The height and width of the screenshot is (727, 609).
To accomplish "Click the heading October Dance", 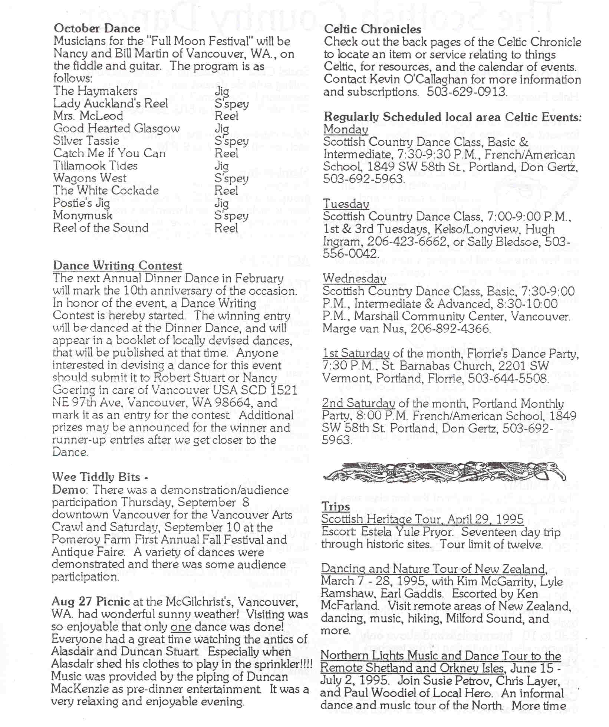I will click(97, 29).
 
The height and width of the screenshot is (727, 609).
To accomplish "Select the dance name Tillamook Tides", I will click(95, 166).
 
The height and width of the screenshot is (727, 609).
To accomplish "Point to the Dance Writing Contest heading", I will click(118, 266).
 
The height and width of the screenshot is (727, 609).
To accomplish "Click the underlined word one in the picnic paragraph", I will click(181, 627).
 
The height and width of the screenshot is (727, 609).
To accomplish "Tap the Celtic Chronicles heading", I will click(372, 29).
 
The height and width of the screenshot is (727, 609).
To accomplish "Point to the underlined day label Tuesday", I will click(346, 204).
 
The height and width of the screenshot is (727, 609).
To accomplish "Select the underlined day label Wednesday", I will click(354, 279).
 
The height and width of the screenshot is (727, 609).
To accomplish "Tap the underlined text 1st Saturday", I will click(356, 353).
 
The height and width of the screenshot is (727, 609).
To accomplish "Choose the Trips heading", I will click(335, 507).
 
